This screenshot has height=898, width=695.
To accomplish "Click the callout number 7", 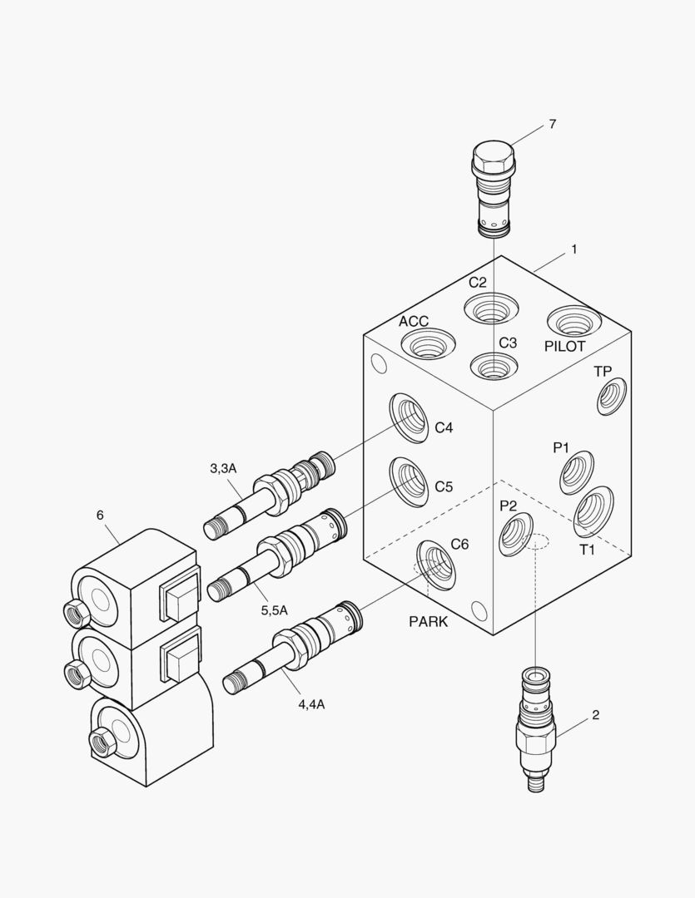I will point(552,125).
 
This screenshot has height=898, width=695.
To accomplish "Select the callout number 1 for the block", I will point(573,249).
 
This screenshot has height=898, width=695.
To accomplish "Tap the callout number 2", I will point(595,714).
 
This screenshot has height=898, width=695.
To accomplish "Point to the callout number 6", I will point(100,516).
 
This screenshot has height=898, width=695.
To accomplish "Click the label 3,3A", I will point(223,469).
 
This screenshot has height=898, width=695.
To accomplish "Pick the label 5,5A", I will point(274,609).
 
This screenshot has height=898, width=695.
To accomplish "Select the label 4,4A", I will point(311,704).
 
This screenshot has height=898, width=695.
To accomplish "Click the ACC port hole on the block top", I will point(429,344).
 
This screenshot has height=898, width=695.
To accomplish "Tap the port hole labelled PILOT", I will point(573,320).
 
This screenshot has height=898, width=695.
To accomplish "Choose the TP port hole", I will point(612,396).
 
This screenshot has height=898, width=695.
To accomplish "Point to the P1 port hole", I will point(576,472).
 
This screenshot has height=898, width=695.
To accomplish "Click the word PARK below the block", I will point(428,621).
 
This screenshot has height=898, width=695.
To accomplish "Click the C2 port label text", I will point(477,282).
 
